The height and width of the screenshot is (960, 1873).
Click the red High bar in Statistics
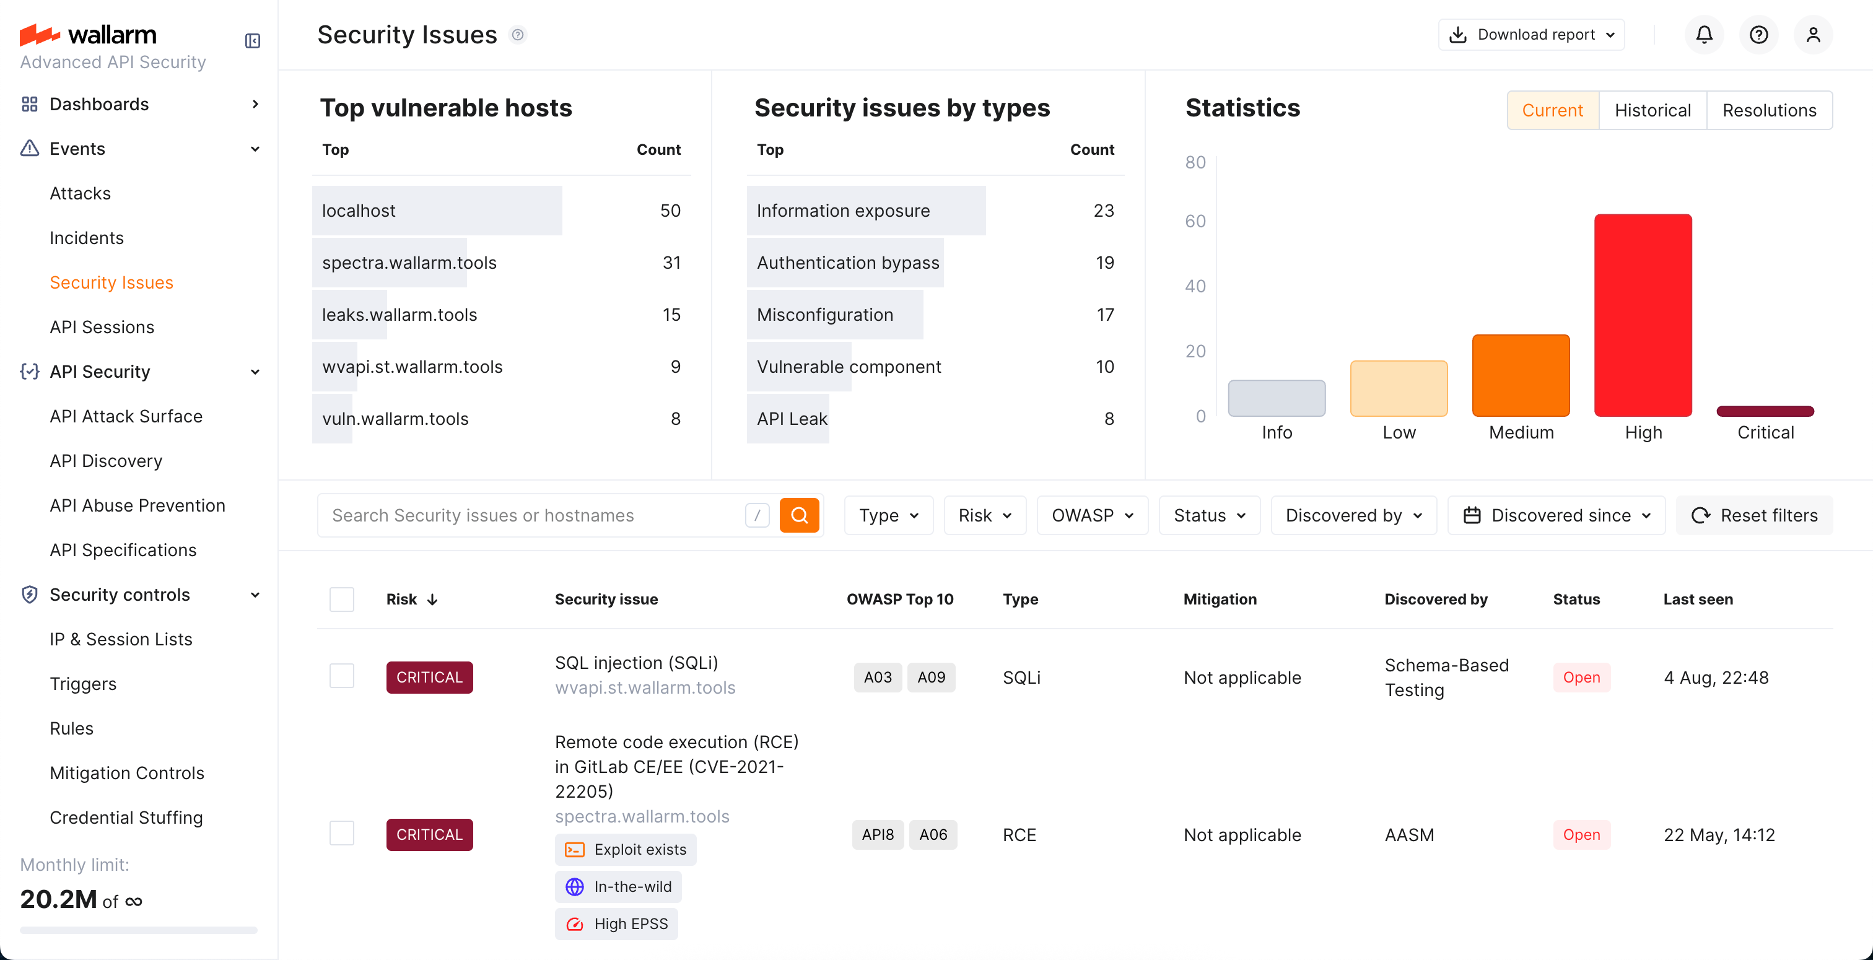click(x=1643, y=314)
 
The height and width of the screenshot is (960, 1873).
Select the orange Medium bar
click(x=1521, y=375)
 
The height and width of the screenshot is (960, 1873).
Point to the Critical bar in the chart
click(x=1765, y=411)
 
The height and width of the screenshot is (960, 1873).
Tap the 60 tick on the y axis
click(x=1195, y=221)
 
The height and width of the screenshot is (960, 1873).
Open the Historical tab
click(x=1652, y=110)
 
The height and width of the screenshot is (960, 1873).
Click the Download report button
click(x=1531, y=34)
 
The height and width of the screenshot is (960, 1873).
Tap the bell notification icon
click(x=1703, y=34)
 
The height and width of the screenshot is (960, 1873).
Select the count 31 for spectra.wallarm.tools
click(x=671, y=263)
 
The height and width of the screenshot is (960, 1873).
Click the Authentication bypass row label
click(x=847, y=263)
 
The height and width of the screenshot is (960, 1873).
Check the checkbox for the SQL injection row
click(x=342, y=676)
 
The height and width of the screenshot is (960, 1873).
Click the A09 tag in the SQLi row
click(x=931, y=677)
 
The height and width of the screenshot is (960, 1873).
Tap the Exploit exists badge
click(x=626, y=850)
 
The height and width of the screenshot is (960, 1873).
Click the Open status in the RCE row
click(x=1581, y=834)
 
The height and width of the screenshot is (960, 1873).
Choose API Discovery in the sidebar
click(x=105, y=460)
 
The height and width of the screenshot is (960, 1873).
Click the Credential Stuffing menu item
click(x=126, y=818)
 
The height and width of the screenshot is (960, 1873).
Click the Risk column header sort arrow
click(x=432, y=600)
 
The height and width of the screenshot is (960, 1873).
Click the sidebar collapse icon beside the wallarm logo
click(x=252, y=41)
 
